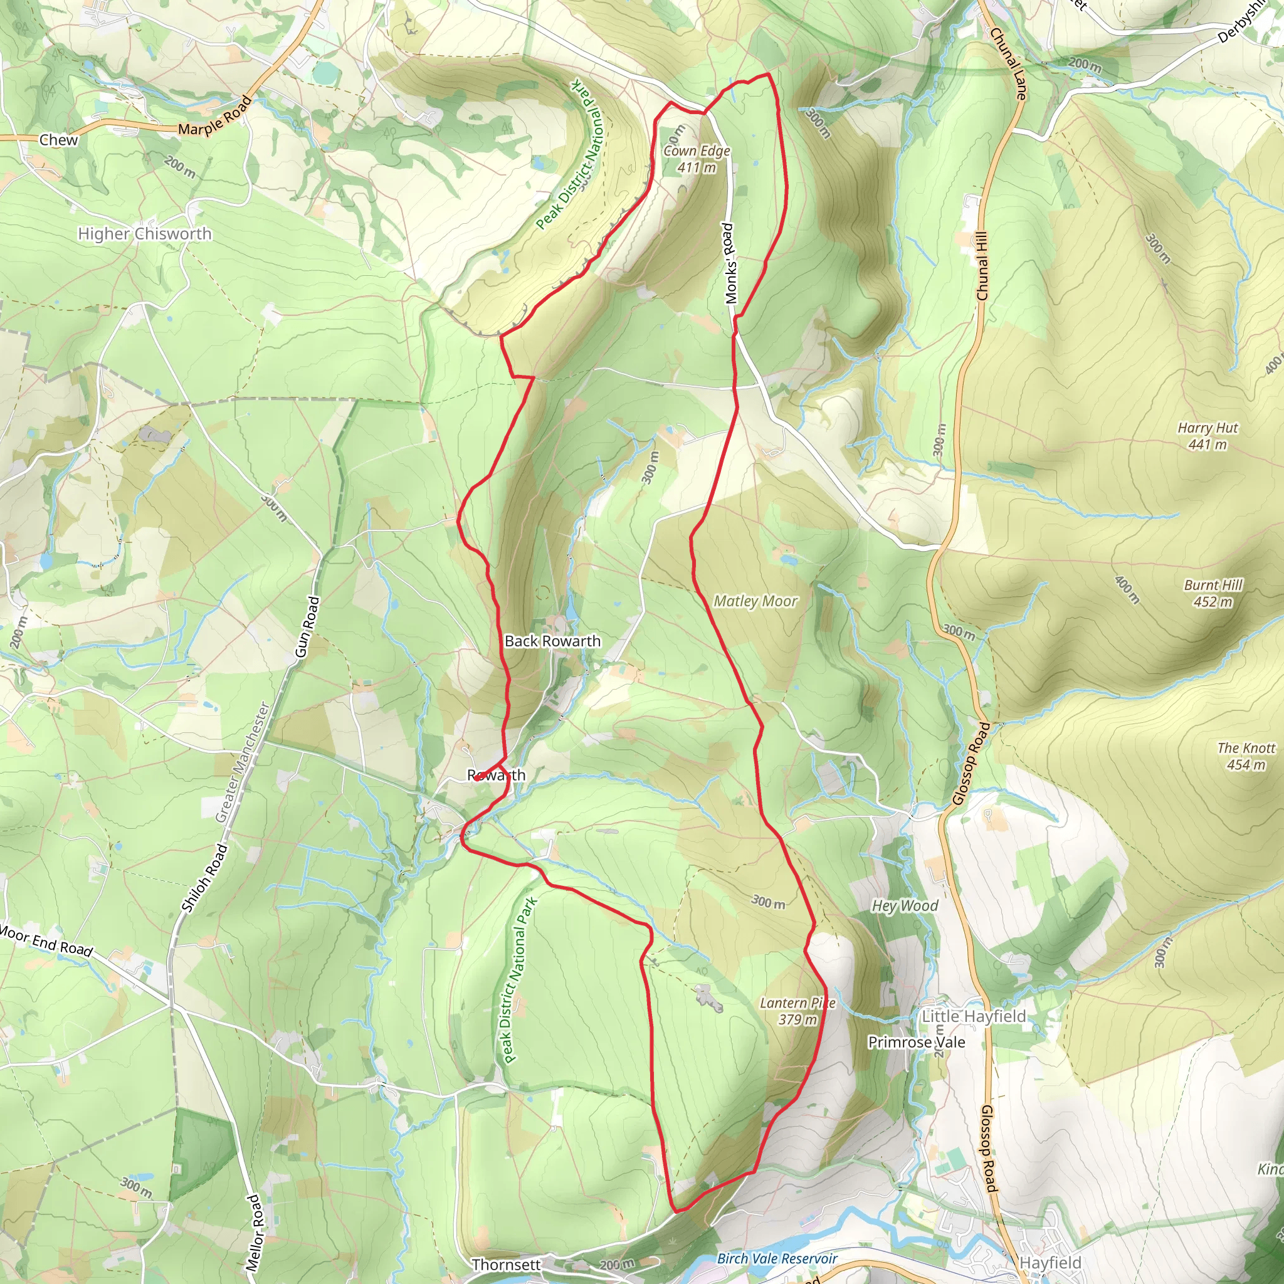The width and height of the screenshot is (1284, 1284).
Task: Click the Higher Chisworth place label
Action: point(144,234)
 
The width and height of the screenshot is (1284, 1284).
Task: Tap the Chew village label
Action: point(58,140)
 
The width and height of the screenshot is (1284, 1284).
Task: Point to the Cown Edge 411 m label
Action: point(697,159)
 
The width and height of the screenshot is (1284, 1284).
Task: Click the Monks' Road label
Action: point(730,263)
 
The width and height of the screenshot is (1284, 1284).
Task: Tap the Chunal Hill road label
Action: point(982,266)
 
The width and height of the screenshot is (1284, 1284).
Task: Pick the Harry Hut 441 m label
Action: point(1208,436)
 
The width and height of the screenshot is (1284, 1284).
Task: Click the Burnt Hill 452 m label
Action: point(1213,593)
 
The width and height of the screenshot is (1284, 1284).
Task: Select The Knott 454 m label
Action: point(1246,755)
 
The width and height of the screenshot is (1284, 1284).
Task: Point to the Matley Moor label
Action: point(755,601)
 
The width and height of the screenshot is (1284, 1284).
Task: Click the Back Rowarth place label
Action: point(552,641)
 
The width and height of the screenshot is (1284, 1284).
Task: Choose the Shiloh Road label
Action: point(204,876)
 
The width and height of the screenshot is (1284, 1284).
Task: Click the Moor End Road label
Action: point(45,940)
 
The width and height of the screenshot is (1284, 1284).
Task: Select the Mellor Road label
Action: point(253,1233)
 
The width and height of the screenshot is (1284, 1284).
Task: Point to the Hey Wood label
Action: point(905,905)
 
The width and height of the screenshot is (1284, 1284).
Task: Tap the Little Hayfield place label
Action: point(974,1016)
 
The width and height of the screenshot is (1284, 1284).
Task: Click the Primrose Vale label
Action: point(917,1041)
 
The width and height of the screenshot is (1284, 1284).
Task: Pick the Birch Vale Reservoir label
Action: point(777,1258)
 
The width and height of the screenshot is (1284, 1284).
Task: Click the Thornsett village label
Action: point(506,1264)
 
